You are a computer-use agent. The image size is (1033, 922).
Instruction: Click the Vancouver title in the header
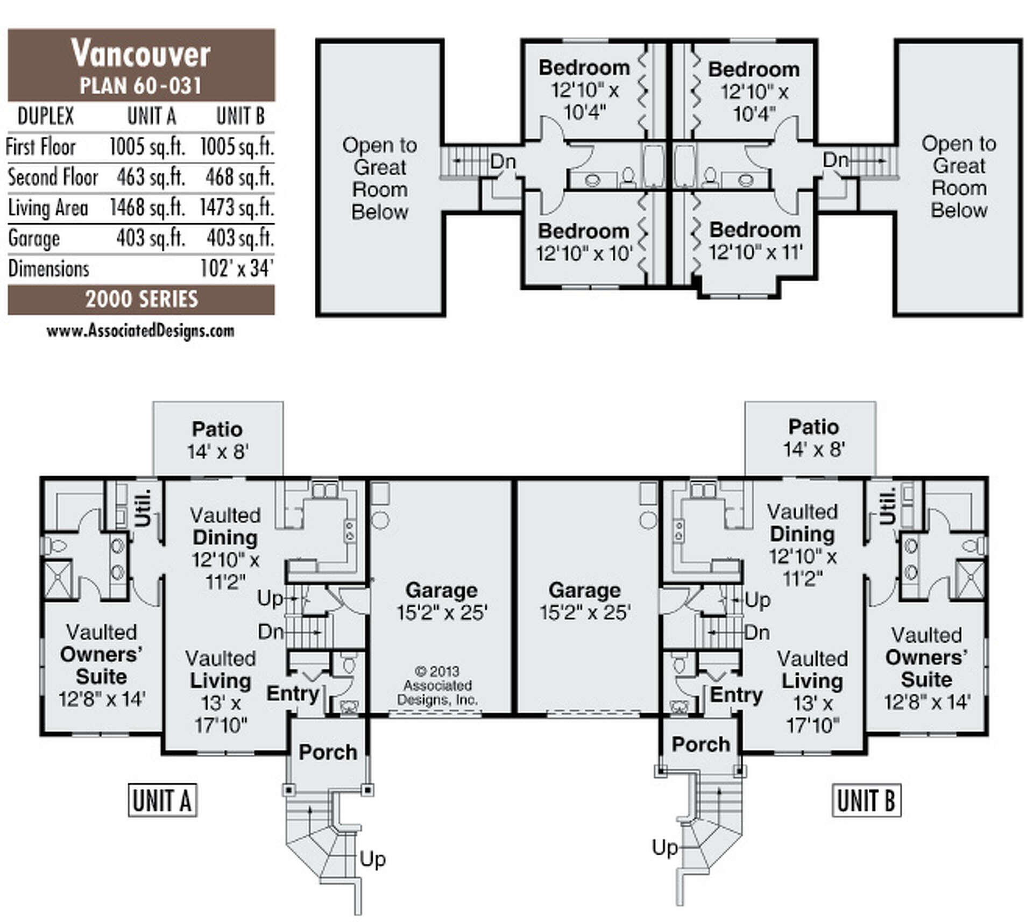point(141,54)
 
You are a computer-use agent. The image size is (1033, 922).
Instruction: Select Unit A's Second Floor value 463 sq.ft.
point(151,178)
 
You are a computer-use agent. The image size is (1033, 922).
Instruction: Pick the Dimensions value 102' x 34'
point(237,268)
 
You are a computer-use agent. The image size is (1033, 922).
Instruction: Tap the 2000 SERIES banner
point(141,300)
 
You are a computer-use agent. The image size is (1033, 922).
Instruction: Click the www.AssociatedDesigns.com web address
point(140,331)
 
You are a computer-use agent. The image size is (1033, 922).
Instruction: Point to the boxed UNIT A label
point(162,801)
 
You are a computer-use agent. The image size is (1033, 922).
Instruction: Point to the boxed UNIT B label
point(866,801)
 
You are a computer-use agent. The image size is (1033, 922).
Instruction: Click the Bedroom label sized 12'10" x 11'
point(755,240)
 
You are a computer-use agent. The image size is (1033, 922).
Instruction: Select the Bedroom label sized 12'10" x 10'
point(584,242)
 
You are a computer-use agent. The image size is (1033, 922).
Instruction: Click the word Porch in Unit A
point(328,752)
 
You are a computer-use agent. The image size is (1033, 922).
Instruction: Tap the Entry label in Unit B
point(736,694)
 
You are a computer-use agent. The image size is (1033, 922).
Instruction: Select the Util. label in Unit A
point(143,507)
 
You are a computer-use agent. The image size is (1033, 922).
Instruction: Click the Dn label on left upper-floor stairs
point(503,161)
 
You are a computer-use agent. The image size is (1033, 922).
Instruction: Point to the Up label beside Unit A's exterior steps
point(372,859)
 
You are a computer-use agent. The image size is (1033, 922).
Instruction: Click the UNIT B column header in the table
point(240,116)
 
